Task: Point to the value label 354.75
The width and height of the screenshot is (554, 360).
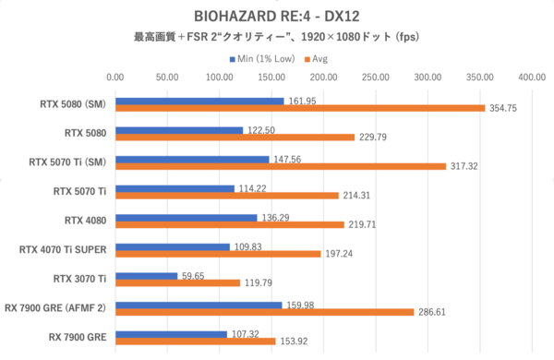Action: click(x=506, y=109)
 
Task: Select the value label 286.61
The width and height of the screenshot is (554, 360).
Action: click(x=434, y=312)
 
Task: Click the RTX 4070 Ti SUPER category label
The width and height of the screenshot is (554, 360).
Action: click(x=63, y=248)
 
